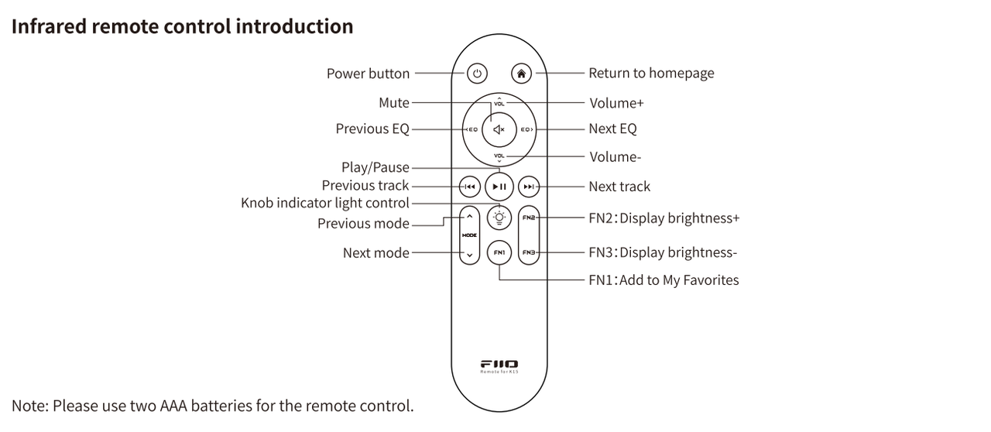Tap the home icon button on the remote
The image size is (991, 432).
pos(522,74)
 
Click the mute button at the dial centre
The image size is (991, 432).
pos(499,129)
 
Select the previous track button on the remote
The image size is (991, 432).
pos(469,187)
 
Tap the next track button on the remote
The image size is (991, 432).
pos(529,187)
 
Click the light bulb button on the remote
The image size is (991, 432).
pos(499,218)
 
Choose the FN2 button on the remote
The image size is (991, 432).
pos(529,218)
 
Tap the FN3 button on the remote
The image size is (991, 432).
pos(529,252)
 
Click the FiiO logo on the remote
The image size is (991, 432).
pos(499,363)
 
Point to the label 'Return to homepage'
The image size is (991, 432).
pos(651,73)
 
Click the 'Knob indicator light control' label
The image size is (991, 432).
pos(325,203)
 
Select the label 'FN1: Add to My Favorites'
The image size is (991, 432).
pos(664,279)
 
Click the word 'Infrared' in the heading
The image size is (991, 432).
pos(48,26)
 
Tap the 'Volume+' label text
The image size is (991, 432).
pos(616,102)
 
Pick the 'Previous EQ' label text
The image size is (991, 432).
pos(372,129)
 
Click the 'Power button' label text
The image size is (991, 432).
pos(368,74)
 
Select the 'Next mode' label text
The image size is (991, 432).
pos(376,252)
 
